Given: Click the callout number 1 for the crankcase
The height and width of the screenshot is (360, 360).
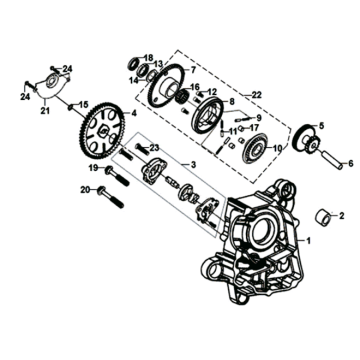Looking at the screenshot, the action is coord(308,240).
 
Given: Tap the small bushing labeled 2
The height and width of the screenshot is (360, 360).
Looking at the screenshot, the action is coord(322,217).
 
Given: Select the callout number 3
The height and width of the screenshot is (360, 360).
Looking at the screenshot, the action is coord(193,165).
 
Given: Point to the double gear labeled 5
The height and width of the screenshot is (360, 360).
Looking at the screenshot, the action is coord(305,140).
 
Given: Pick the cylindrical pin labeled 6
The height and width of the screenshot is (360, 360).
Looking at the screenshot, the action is coord(332,160).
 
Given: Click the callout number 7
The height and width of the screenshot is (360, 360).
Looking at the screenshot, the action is coord(192,70).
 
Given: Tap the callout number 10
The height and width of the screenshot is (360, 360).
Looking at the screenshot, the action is coord(277,148).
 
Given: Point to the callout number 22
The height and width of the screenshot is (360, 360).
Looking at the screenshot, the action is coord(256,95).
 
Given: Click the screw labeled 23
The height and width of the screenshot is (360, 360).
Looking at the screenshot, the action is coord(143,149).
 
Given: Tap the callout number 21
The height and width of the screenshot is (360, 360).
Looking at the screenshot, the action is coord(45,111).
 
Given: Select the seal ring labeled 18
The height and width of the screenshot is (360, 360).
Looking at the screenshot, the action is coord(134,63).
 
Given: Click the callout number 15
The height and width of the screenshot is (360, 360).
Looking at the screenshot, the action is coord(84,105).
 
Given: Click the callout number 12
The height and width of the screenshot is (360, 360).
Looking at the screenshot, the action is coord(212,92).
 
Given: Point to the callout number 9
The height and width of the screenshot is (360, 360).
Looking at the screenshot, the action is coord(259,117).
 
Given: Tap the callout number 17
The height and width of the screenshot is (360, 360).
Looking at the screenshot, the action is coord(254,127).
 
